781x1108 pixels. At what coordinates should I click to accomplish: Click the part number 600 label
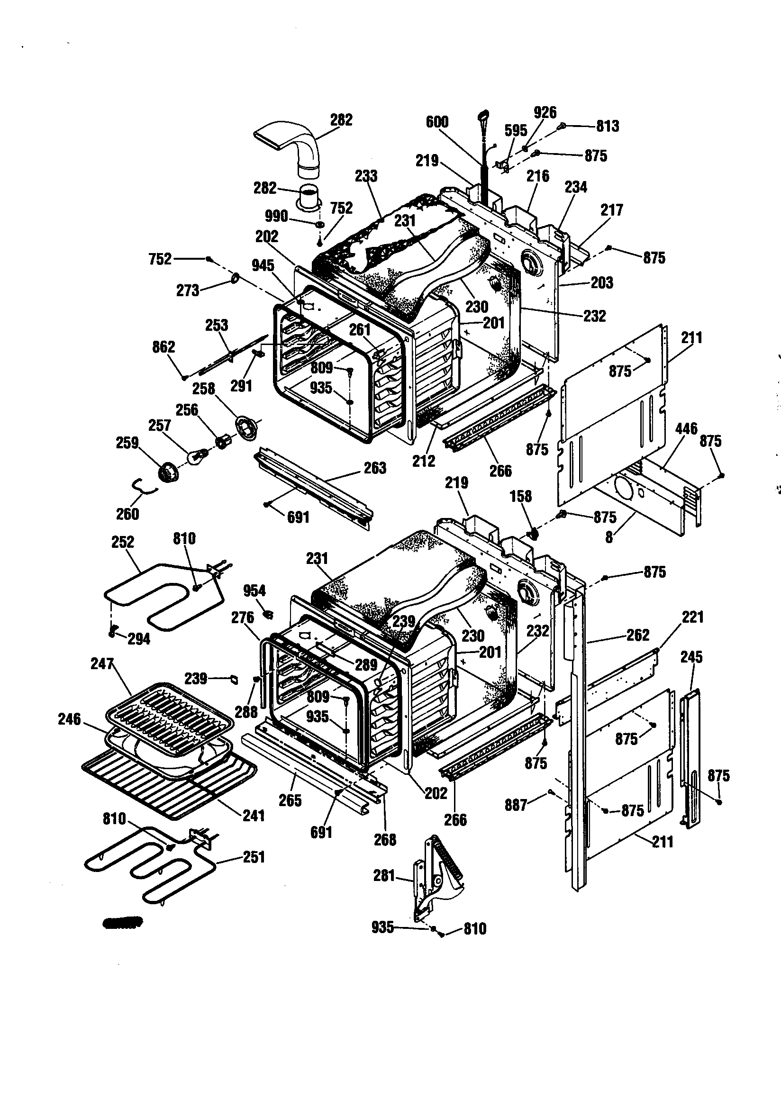point(437,122)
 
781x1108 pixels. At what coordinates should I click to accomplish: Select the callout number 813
point(607,127)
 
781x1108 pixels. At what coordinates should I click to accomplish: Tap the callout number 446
point(686,428)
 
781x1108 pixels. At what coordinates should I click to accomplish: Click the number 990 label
point(276,216)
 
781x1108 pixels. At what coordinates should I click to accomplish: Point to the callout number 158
point(521,496)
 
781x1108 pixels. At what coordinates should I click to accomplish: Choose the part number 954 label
point(254,590)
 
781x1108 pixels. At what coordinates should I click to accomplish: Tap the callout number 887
point(516,805)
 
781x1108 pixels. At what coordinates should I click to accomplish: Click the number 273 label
point(188,291)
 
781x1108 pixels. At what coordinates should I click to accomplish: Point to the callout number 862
point(163,347)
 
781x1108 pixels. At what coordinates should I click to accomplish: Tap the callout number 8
point(609,537)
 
